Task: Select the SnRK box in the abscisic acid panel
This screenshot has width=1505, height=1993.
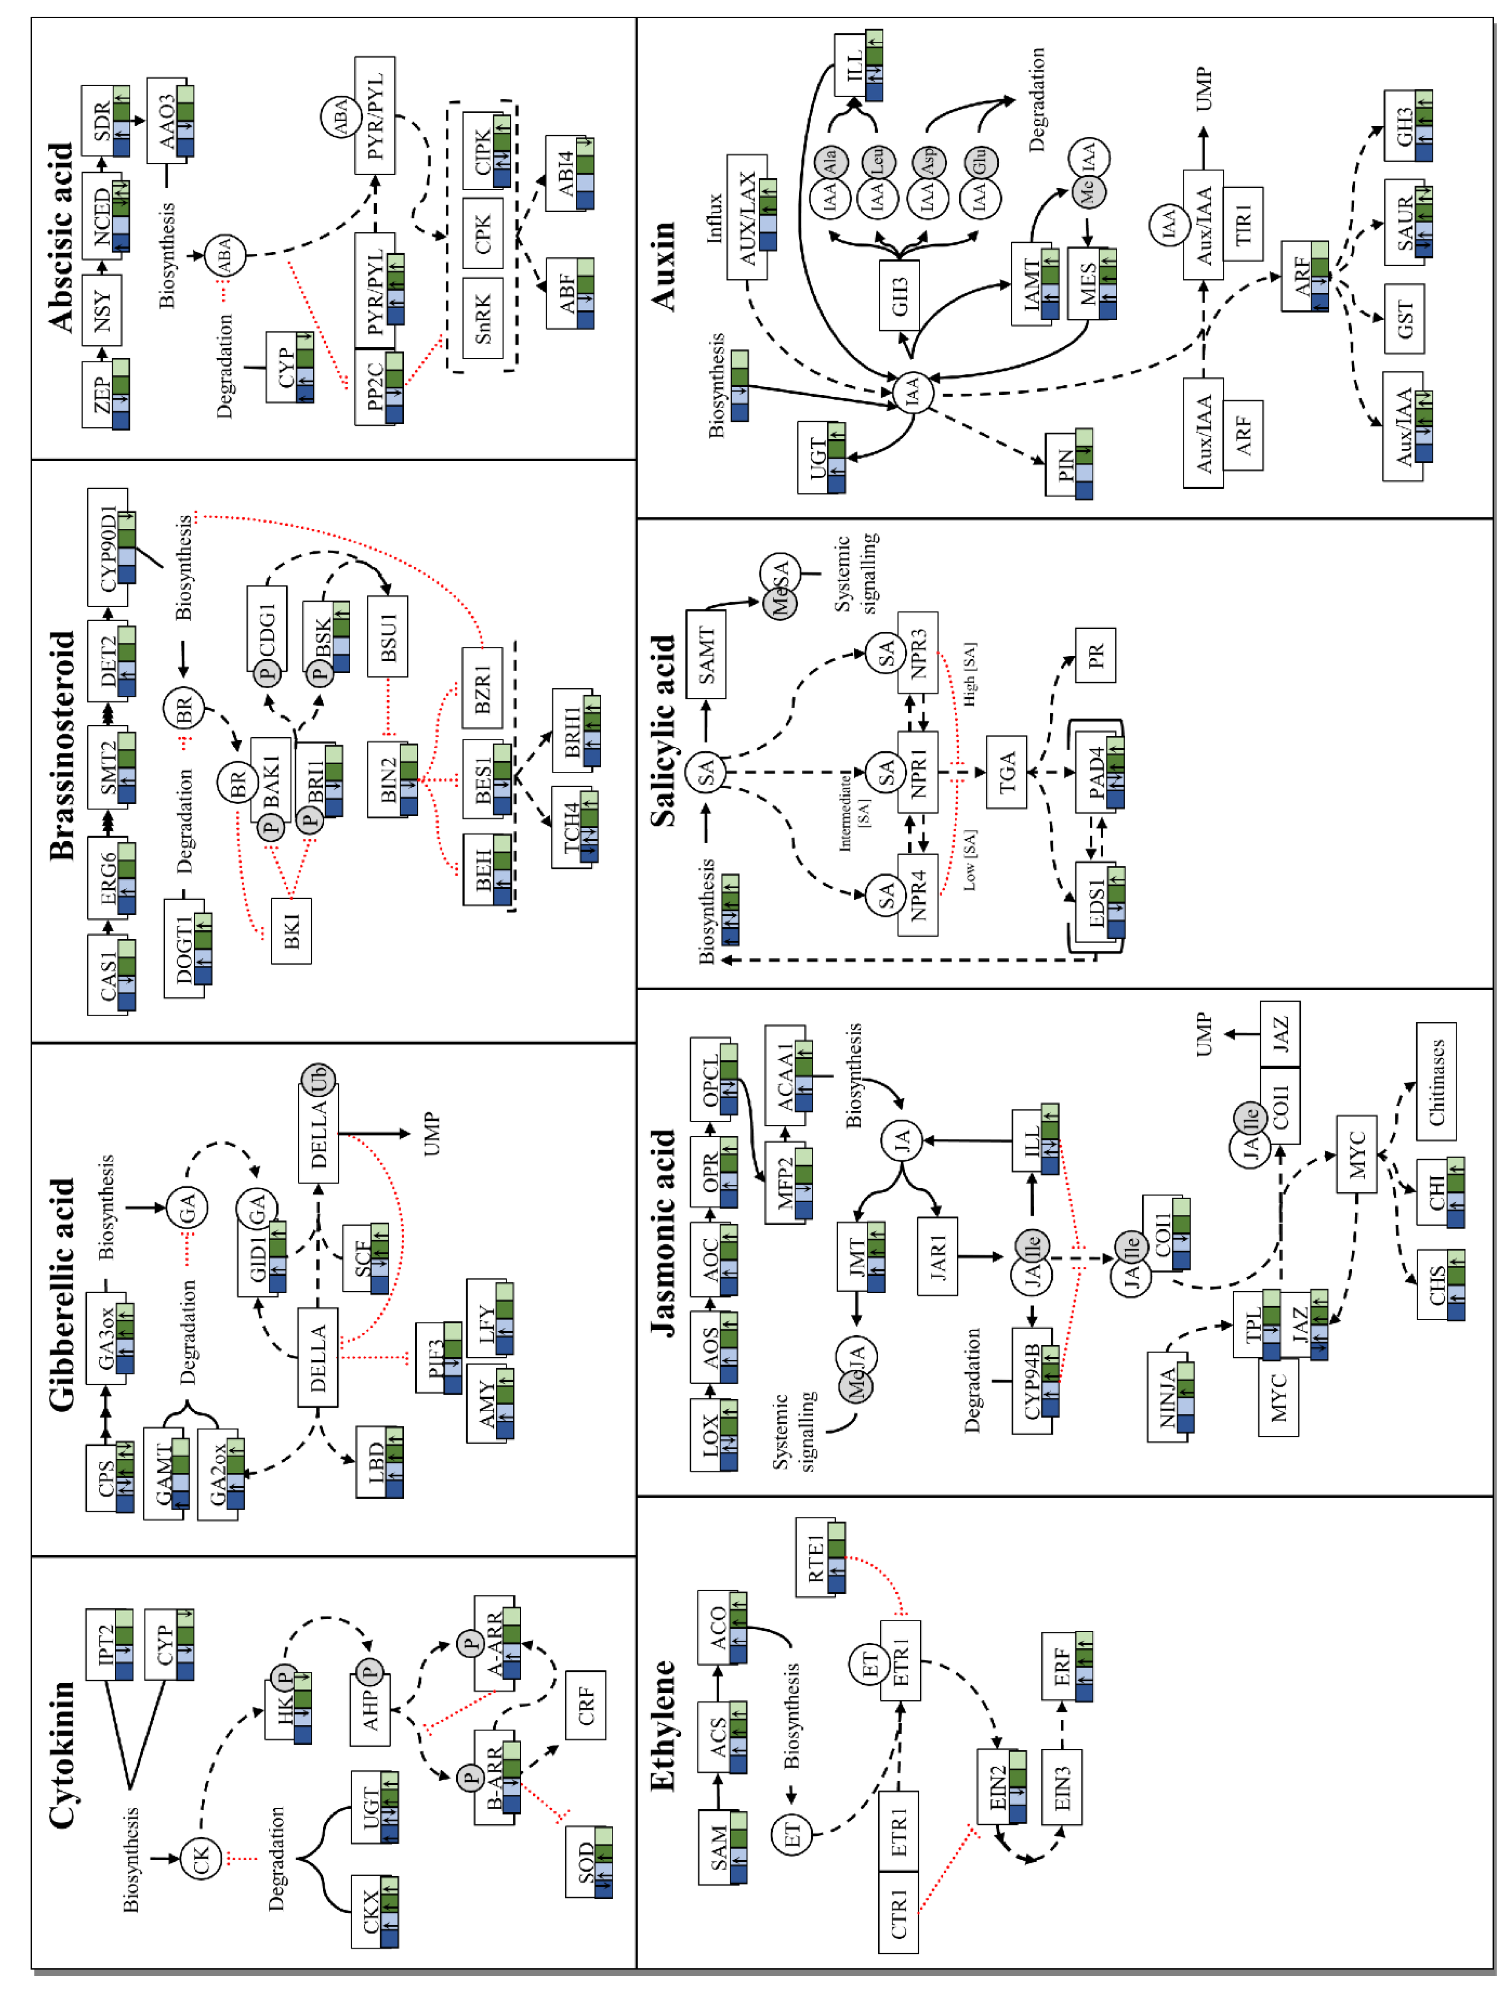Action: (482, 318)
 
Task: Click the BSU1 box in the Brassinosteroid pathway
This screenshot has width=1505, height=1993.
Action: (387, 636)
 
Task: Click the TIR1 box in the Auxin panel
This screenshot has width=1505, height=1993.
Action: (1243, 224)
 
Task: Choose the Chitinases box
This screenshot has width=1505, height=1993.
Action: (1436, 1081)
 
